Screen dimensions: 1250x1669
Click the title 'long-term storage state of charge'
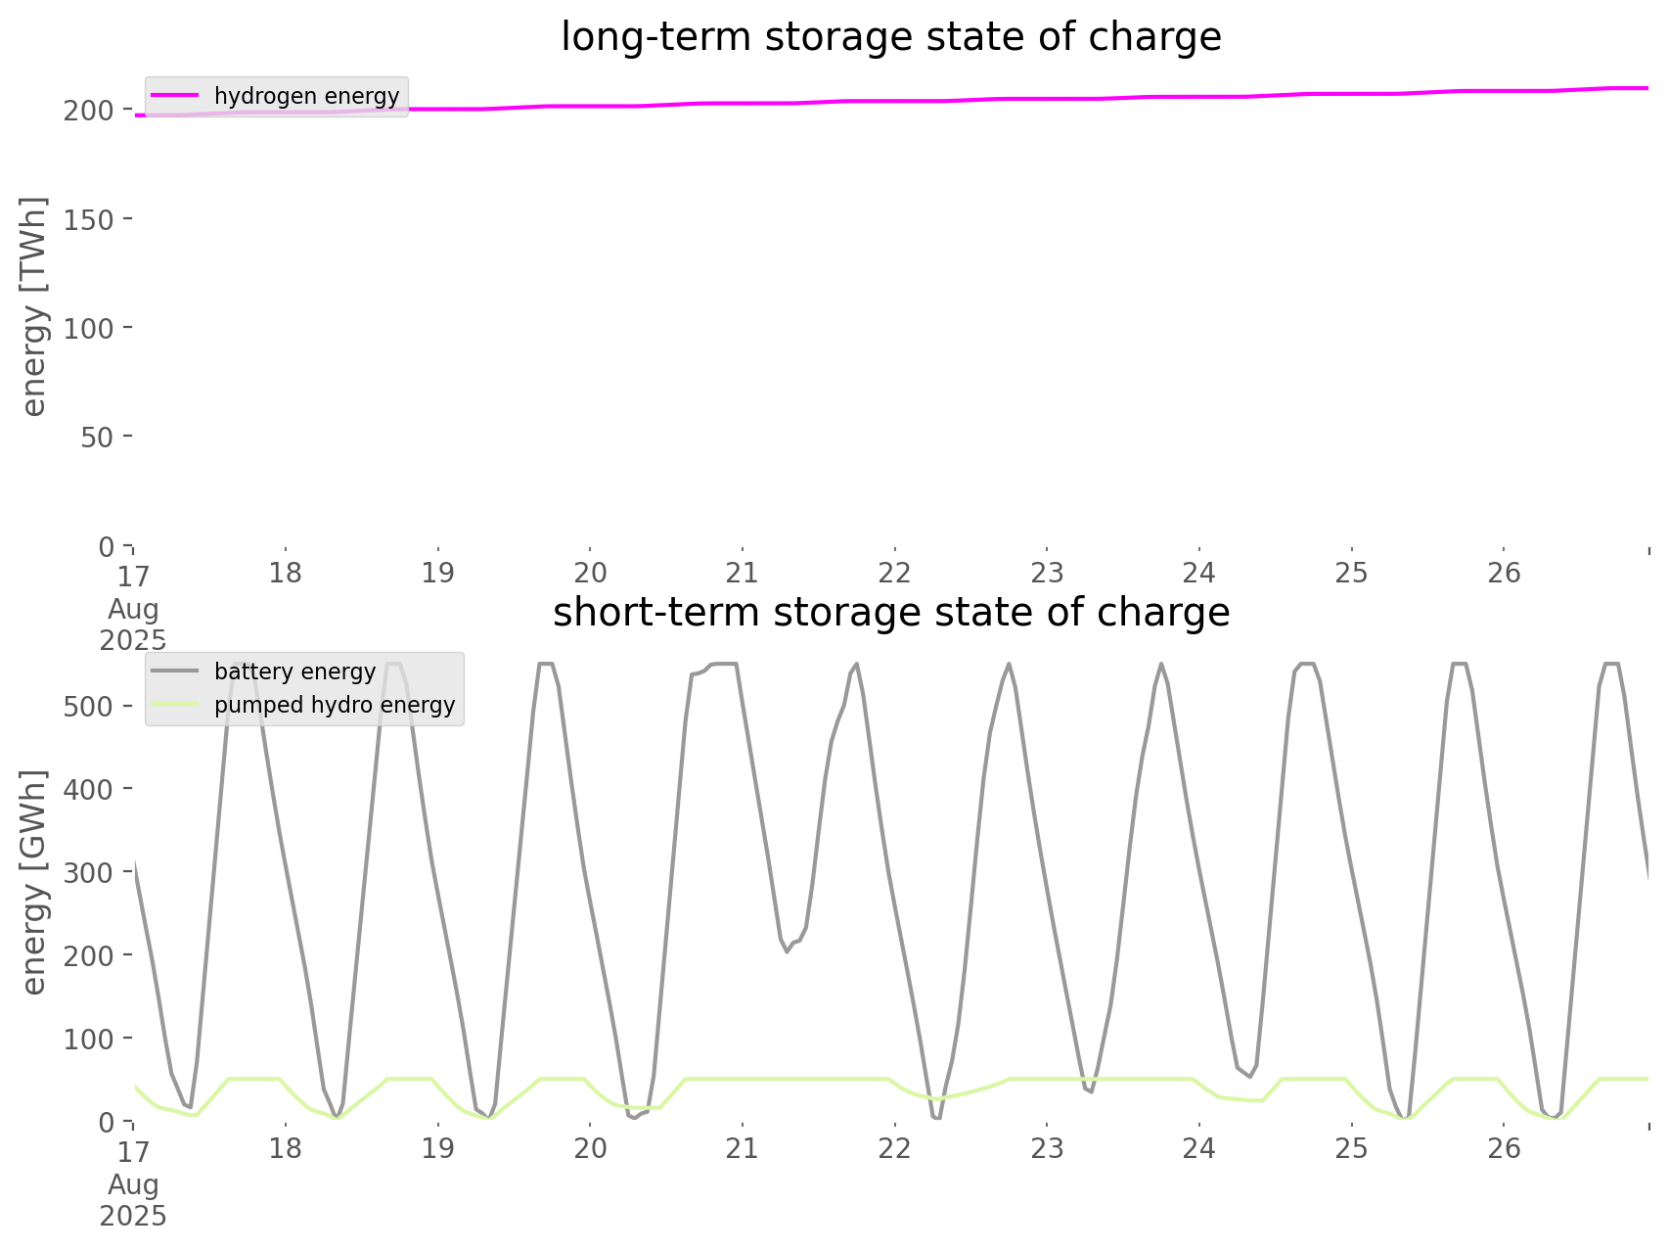point(890,37)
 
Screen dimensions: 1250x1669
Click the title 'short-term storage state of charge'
point(890,613)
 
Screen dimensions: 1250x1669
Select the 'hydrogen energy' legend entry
point(305,96)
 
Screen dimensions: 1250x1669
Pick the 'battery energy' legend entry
point(293,671)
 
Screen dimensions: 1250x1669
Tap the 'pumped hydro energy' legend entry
point(334,705)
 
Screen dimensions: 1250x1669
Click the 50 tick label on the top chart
point(96,437)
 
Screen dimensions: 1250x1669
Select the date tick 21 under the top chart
point(743,573)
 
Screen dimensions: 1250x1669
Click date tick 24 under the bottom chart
point(1199,1148)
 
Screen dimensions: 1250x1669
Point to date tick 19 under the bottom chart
point(438,1148)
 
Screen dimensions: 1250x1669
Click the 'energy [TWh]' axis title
point(34,306)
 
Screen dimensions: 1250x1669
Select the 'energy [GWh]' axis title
point(34,882)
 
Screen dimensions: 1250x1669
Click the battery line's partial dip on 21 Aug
point(787,949)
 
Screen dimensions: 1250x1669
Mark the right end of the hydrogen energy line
point(1647,89)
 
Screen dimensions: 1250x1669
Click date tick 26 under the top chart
point(1504,573)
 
